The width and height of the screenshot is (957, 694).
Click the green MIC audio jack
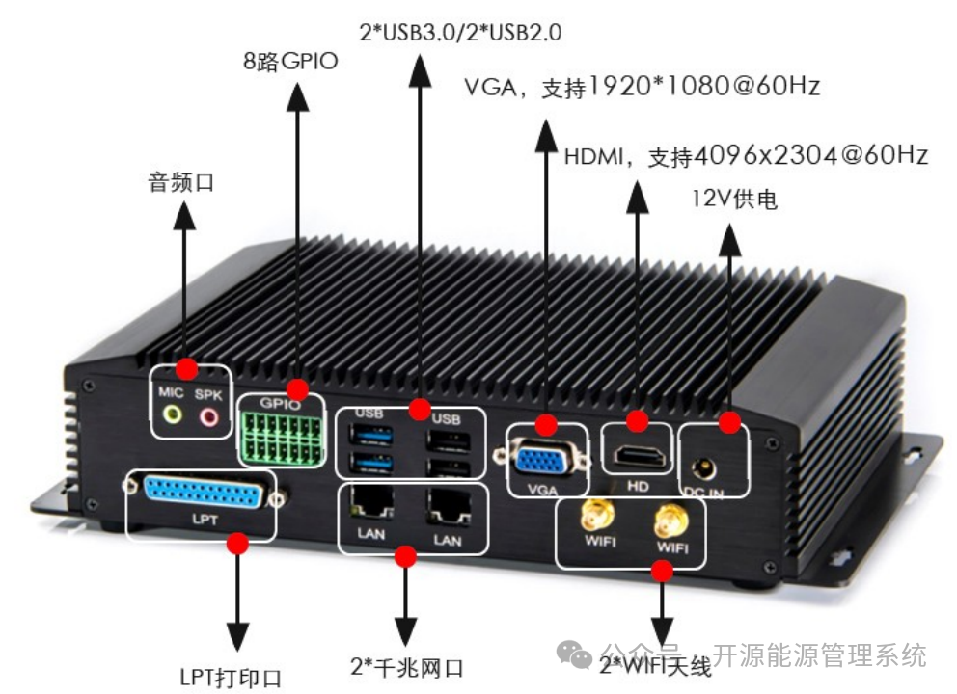pyautogui.click(x=173, y=414)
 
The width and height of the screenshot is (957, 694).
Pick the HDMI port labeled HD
pyautogui.click(x=638, y=457)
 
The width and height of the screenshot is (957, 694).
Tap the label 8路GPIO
pyautogui.click(x=289, y=63)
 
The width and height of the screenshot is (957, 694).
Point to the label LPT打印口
pyautogui.click(x=231, y=676)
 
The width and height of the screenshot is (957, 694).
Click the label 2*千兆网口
pyautogui.click(x=407, y=667)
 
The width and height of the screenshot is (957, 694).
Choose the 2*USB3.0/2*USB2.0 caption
pyautogui.click(x=460, y=32)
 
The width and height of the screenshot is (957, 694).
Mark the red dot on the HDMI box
pyautogui.click(x=637, y=421)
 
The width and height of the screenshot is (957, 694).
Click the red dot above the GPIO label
pyautogui.click(x=297, y=389)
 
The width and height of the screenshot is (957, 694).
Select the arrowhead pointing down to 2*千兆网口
pyautogui.click(x=406, y=632)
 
